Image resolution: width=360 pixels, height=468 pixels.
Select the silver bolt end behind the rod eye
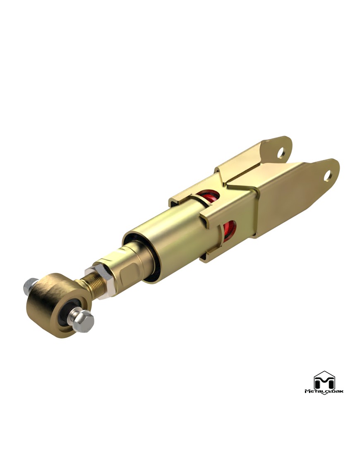[x=31, y=285]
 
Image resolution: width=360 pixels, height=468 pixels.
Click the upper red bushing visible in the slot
[x=210, y=197]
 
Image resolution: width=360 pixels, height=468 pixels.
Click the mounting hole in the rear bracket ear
[x=281, y=153]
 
